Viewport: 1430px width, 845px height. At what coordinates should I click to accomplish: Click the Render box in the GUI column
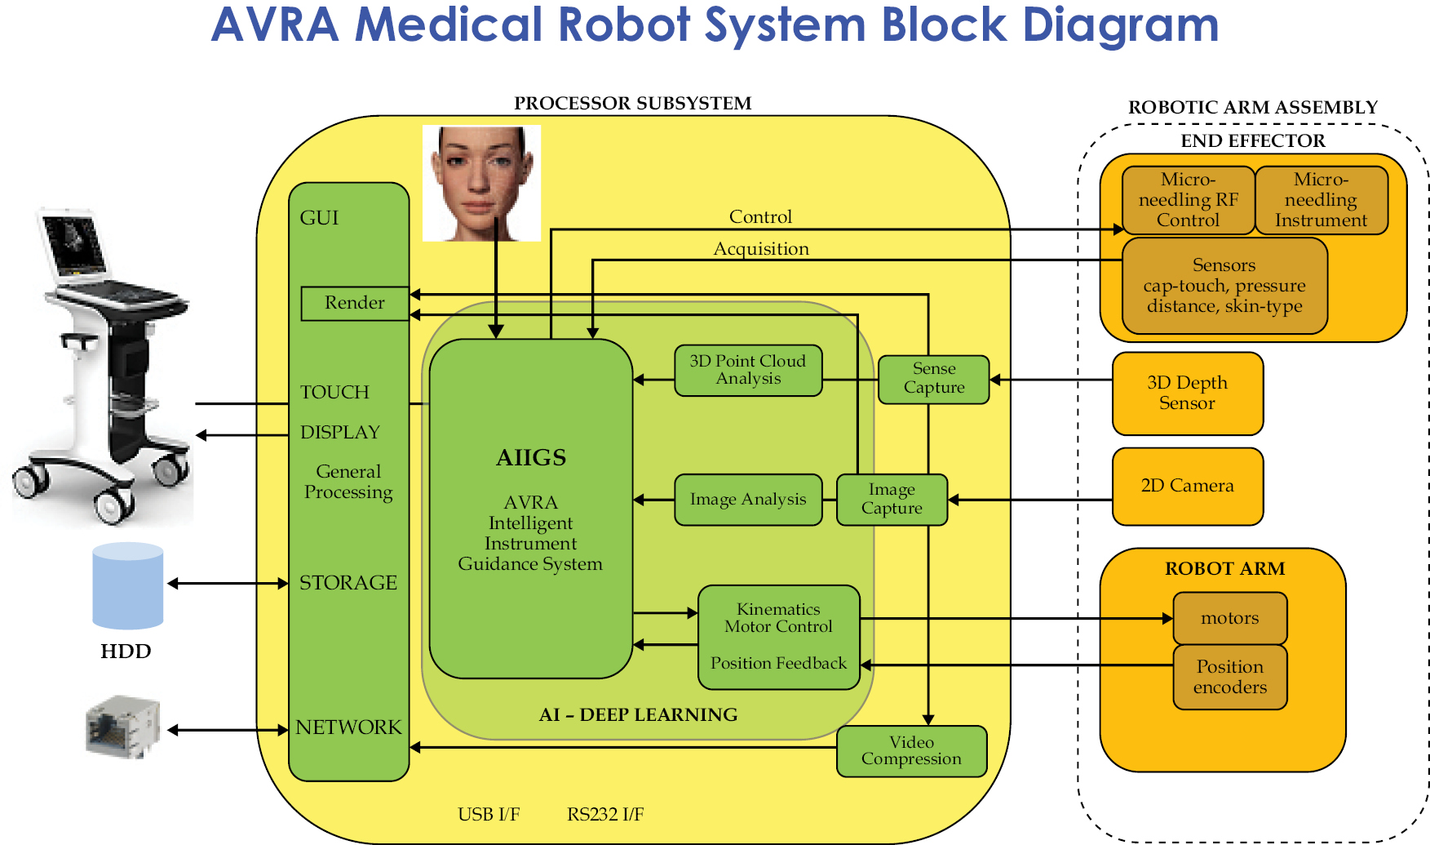(x=355, y=303)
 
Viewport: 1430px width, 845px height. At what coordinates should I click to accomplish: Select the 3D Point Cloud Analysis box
(x=748, y=370)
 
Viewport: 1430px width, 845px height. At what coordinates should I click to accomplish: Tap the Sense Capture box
(x=933, y=379)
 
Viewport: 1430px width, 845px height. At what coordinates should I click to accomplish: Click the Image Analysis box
(x=748, y=500)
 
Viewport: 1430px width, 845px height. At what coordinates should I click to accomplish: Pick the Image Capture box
(x=892, y=499)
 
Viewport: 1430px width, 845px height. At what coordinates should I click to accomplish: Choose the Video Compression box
(x=911, y=751)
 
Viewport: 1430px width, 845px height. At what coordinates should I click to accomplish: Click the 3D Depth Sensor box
(x=1187, y=393)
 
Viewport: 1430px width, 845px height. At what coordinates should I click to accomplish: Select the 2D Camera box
(x=1187, y=486)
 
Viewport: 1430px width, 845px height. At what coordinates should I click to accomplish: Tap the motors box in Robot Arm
(x=1229, y=618)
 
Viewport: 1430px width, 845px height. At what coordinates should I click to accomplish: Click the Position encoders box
(x=1229, y=677)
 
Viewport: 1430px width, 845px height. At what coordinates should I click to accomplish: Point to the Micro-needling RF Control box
(x=1188, y=200)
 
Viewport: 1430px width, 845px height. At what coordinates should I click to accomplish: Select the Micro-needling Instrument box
(x=1321, y=200)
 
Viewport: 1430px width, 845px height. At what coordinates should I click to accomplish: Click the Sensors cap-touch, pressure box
(x=1224, y=286)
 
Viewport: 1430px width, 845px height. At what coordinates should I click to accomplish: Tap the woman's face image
(x=481, y=183)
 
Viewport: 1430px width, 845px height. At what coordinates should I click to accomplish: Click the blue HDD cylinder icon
(x=127, y=585)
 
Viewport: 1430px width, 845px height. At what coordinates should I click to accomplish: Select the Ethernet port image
(x=122, y=726)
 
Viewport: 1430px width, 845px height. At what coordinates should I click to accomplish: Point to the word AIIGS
(x=531, y=458)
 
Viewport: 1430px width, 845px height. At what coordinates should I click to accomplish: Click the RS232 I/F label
(x=605, y=814)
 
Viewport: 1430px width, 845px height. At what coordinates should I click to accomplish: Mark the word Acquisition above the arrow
(x=761, y=249)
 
